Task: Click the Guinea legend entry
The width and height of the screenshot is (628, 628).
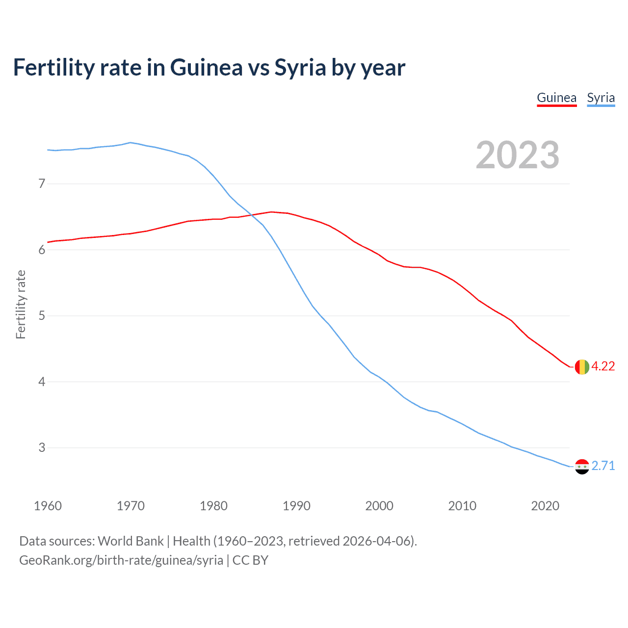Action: tap(556, 98)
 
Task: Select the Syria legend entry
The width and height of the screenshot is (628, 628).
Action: tap(601, 98)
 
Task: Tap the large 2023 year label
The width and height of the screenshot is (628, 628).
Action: tap(518, 155)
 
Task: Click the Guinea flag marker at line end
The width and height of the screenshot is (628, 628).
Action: tap(582, 366)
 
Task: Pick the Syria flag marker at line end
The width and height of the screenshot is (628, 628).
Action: tap(582, 466)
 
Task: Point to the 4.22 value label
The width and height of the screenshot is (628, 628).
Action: tap(603, 366)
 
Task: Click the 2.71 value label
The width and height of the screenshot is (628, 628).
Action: tap(603, 466)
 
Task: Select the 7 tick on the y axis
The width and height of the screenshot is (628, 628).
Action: tap(42, 184)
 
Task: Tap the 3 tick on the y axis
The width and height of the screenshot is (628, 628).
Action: tap(42, 447)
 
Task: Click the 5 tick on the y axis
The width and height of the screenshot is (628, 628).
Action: tap(42, 315)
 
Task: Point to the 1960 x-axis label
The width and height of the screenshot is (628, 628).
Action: tap(48, 506)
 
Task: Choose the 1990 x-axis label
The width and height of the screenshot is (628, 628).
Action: tap(296, 506)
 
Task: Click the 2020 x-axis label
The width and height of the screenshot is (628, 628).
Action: tap(545, 506)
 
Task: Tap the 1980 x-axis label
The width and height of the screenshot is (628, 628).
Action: tap(213, 506)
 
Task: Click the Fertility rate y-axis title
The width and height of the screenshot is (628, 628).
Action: tap(21, 304)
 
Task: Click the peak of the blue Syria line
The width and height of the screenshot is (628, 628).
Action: tap(130, 143)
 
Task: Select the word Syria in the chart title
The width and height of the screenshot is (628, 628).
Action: tap(300, 68)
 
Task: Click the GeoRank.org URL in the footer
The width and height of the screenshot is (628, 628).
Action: tap(121, 560)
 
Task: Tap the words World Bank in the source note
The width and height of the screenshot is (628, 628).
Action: tap(131, 541)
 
